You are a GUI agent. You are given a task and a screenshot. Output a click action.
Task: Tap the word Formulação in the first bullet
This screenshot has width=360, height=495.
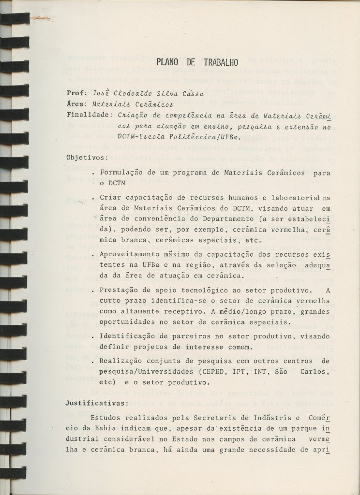[x=121, y=173]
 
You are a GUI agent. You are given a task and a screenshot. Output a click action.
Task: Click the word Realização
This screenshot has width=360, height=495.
[x=122, y=361]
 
